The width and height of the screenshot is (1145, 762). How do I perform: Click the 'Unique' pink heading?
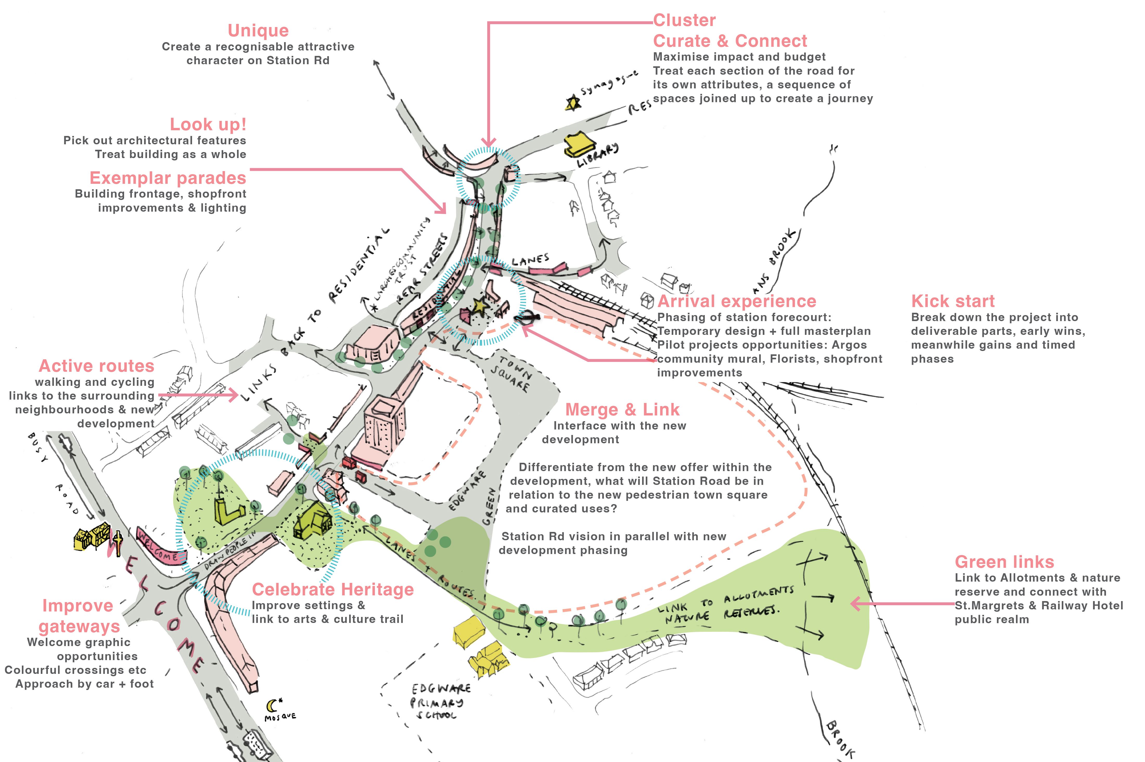258,31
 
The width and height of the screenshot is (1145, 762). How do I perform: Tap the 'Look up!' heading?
208,125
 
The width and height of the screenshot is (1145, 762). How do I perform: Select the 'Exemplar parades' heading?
168,178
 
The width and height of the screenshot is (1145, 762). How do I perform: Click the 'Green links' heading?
1004,562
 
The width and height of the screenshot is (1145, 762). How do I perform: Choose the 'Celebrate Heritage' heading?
332,589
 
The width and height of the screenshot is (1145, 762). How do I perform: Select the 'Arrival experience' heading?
737,301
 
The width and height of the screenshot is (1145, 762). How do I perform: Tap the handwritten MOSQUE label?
280,717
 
